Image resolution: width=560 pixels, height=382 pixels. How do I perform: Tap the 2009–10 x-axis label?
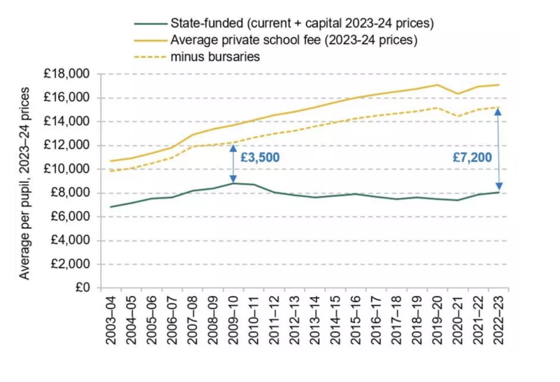pyautogui.click(x=233, y=319)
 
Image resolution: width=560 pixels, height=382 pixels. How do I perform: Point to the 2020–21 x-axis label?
pyautogui.click(x=457, y=319)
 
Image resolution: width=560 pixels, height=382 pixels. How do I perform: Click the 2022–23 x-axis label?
pyautogui.click(x=499, y=319)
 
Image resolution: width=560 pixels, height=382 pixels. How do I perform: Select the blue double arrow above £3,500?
pyautogui.click(x=233, y=164)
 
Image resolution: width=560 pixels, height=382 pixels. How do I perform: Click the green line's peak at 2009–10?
pyautogui.click(x=233, y=183)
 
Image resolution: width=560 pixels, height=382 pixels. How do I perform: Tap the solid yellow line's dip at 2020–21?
pyautogui.click(x=457, y=94)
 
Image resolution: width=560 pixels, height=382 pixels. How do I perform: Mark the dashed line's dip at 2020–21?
pyautogui.click(x=457, y=116)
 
